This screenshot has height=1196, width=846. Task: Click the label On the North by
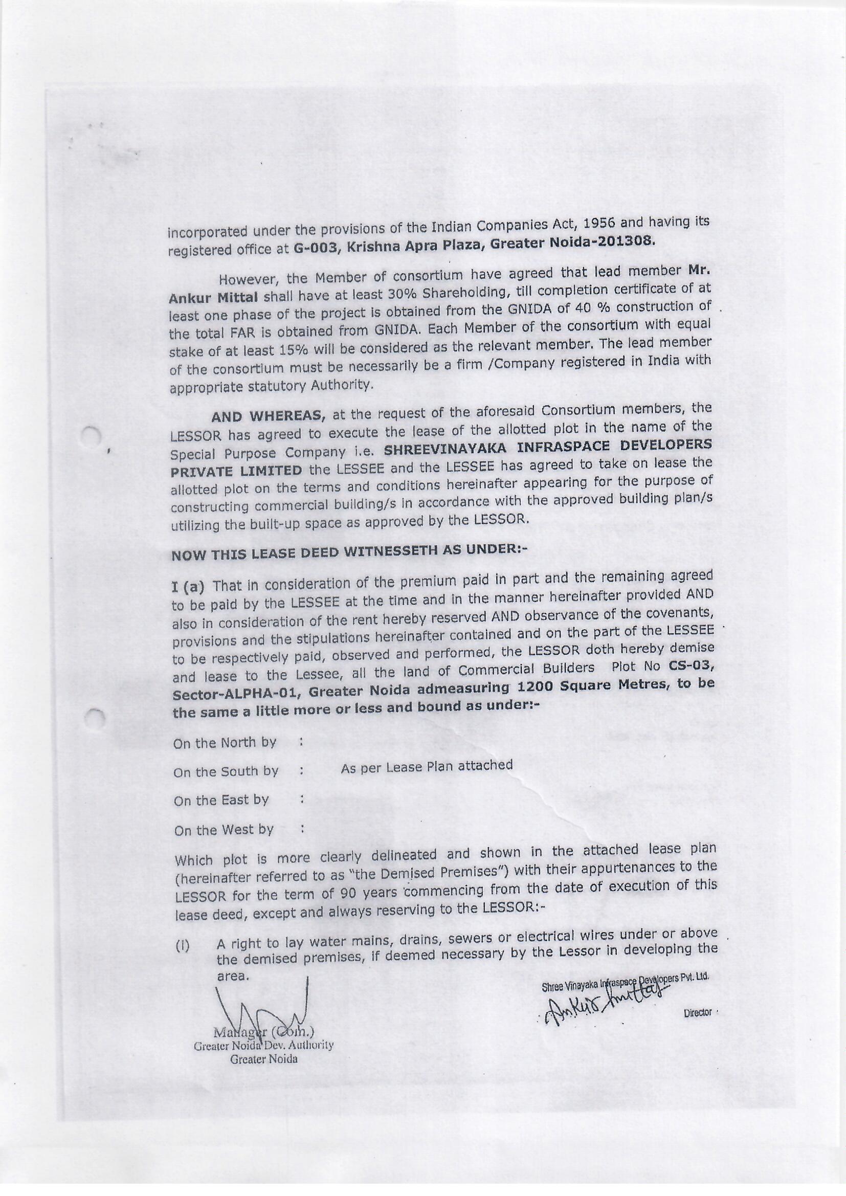tap(225, 743)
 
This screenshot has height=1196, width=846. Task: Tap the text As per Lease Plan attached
tap(426, 766)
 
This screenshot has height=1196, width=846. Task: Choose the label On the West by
tap(224, 830)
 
